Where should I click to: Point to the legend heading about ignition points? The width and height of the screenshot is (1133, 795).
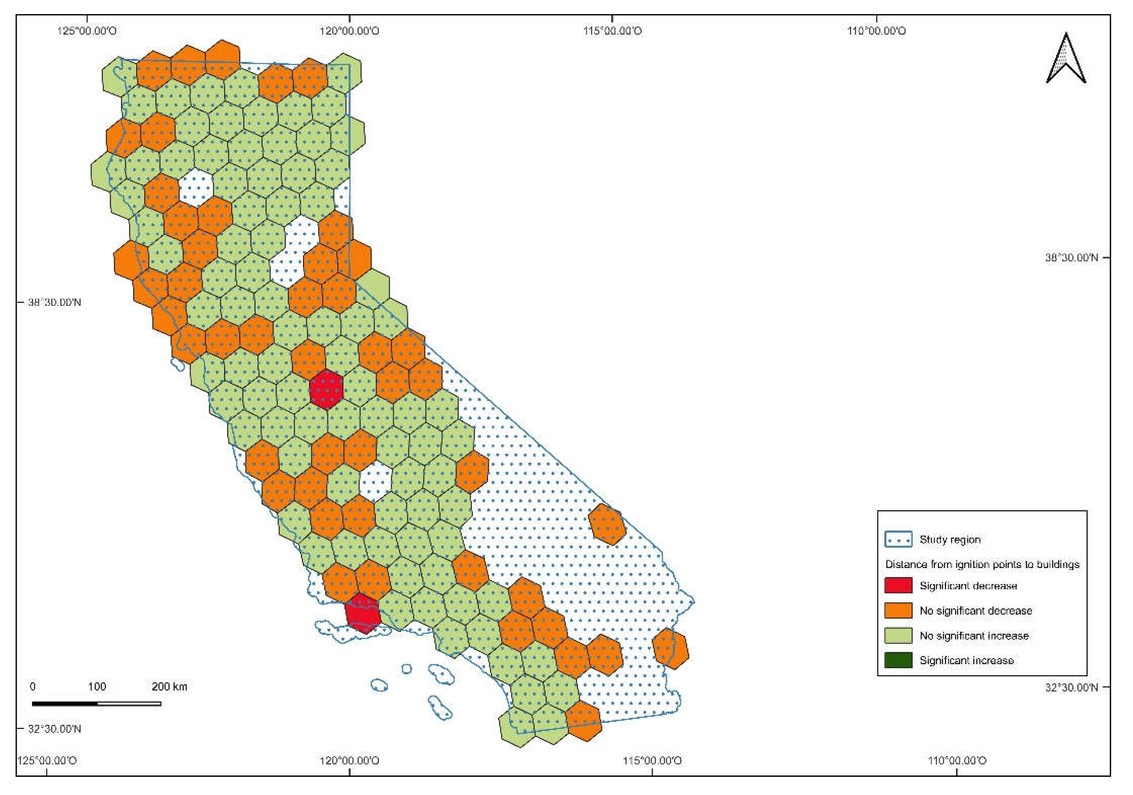[x=982, y=564]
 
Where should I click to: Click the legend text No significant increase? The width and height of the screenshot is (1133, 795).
[x=974, y=635]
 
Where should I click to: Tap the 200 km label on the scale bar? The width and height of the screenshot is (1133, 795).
[x=169, y=686]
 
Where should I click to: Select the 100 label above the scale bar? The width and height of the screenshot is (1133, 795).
[x=97, y=686]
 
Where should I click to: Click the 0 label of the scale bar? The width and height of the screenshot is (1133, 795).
[x=33, y=686]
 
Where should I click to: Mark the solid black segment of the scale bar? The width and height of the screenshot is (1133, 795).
[x=64, y=704]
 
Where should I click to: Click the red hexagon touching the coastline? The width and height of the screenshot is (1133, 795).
[x=363, y=613]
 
